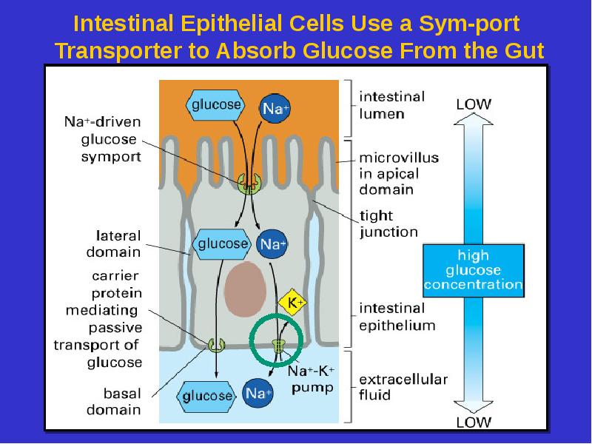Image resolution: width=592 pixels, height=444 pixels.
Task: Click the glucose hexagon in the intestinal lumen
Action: point(216,104)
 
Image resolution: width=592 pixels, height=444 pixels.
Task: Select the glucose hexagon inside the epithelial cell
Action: point(221,243)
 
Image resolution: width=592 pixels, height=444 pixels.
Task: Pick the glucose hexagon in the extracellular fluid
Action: point(207,395)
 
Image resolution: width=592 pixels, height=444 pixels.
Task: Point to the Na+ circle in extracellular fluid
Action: point(257,394)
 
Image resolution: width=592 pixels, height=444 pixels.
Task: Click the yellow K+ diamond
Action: point(294,303)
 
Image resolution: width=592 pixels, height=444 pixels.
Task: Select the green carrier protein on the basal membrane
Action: point(215,343)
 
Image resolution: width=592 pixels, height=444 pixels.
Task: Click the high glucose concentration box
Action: point(473,270)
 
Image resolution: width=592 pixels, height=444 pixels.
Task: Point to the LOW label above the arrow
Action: point(473,104)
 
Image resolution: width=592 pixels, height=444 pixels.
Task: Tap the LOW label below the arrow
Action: point(473,423)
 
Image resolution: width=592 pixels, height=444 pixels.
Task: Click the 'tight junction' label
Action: point(388,224)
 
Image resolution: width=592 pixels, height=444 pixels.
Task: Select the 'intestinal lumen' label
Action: point(392,105)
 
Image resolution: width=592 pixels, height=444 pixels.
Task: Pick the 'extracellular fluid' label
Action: point(403,388)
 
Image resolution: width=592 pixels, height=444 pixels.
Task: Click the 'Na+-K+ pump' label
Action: point(311,379)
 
